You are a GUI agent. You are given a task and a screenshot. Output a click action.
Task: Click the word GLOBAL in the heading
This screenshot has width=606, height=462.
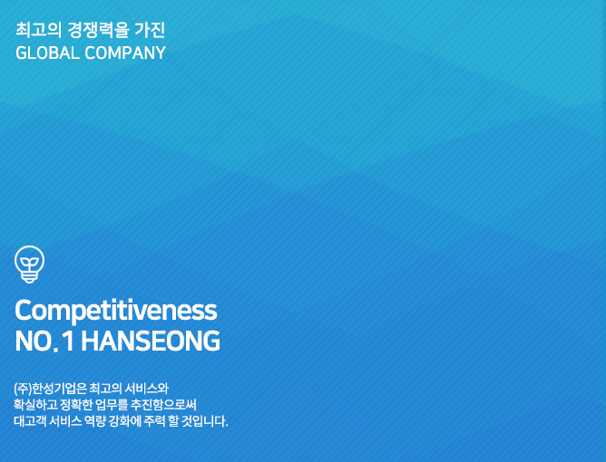pos(47,53)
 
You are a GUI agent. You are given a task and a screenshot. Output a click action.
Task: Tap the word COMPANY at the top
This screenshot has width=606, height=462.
pos(125,53)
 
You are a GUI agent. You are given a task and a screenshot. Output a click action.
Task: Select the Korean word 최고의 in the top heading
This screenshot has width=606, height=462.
pos(38,30)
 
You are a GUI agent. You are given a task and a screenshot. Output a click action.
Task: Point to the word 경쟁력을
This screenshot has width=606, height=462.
pos(97,30)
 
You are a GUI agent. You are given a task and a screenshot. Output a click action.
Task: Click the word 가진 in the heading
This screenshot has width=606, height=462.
pos(150,30)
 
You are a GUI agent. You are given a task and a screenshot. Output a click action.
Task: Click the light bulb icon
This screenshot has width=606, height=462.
pos(29,265)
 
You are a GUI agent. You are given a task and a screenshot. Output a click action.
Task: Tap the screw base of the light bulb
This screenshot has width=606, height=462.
pos(29,276)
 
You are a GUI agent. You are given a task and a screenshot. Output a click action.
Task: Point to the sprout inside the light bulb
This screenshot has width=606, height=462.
pos(29,264)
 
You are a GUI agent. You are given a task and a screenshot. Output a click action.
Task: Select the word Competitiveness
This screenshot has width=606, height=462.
pos(116,311)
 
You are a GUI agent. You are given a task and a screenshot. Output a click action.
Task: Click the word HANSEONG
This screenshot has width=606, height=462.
pos(151,342)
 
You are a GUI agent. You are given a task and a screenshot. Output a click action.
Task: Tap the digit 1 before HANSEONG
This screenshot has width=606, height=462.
pos(69,342)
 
